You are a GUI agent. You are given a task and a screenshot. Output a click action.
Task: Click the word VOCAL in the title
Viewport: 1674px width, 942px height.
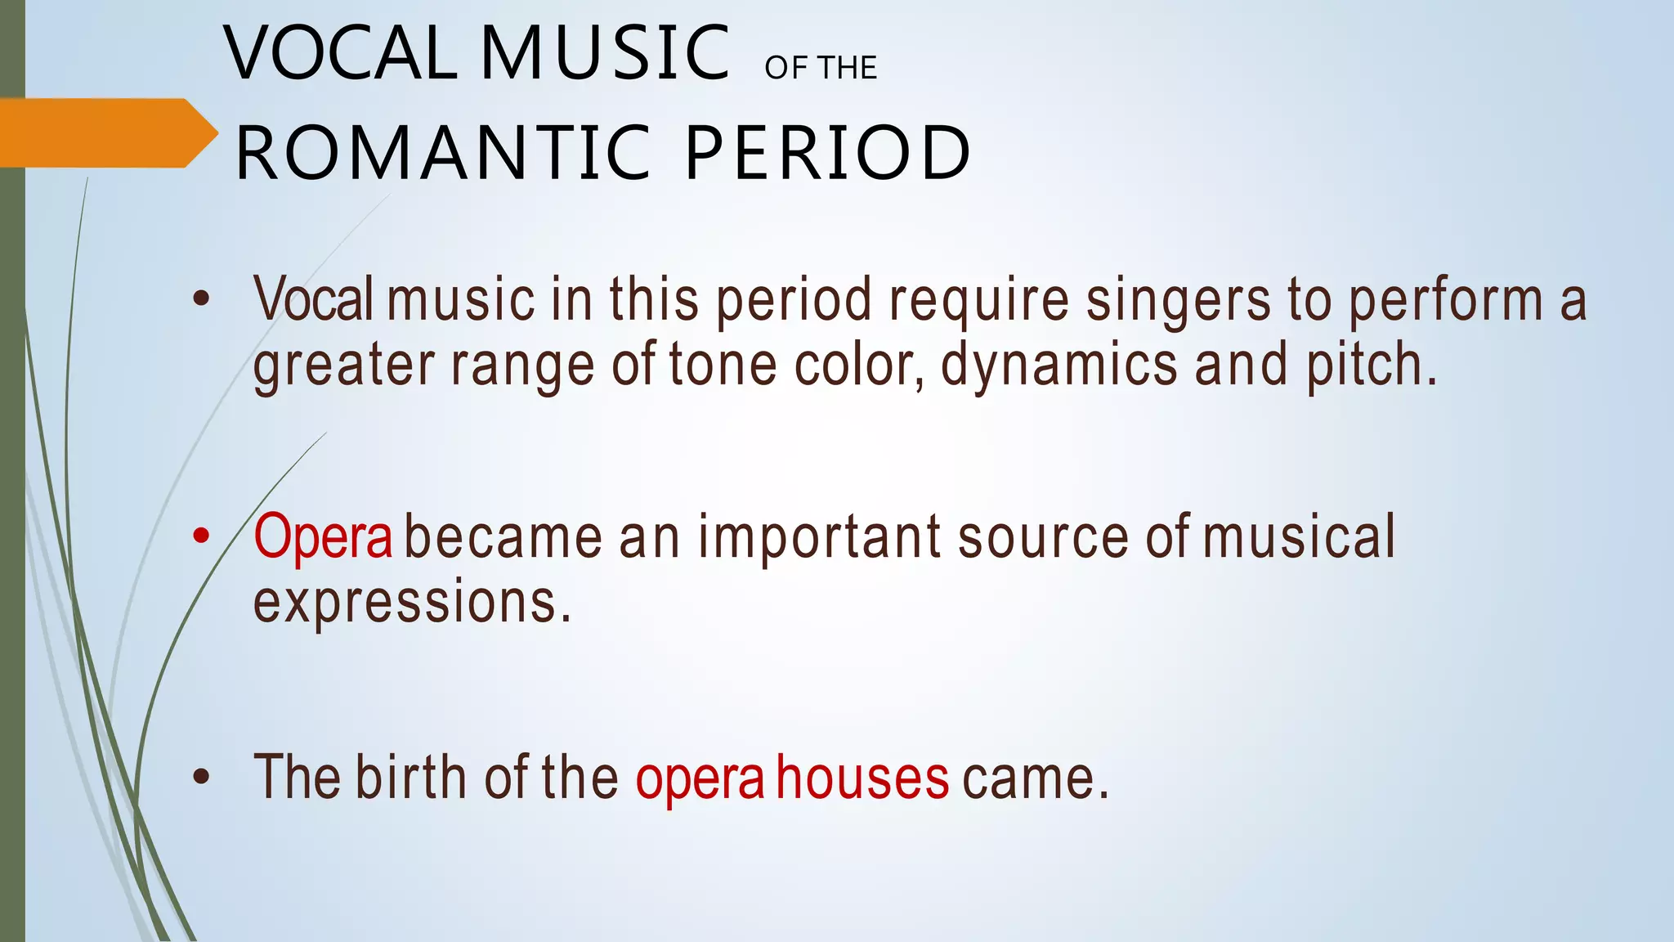click(340, 54)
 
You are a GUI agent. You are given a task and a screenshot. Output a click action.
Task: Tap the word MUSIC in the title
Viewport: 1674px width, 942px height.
click(605, 54)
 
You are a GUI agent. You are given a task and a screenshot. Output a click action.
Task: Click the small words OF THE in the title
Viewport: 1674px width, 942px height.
click(821, 68)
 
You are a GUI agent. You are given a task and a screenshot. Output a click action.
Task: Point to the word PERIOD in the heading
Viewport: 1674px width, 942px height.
click(827, 153)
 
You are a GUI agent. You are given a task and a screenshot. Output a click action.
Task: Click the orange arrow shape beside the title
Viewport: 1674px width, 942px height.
click(106, 133)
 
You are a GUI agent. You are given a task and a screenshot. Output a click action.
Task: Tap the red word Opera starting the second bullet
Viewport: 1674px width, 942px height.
click(323, 537)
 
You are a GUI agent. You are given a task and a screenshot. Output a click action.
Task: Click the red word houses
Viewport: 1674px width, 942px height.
click(862, 778)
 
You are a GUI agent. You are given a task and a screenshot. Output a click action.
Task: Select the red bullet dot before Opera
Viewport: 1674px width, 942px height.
click(201, 537)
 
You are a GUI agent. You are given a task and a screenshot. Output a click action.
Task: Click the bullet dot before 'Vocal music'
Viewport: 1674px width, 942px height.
click(201, 299)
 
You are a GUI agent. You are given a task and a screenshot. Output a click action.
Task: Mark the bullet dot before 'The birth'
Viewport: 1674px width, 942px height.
click(201, 778)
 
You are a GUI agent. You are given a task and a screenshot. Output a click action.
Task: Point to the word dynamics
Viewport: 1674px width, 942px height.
click(1059, 365)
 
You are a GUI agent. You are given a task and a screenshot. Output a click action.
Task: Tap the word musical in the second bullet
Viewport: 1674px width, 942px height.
click(1299, 537)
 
